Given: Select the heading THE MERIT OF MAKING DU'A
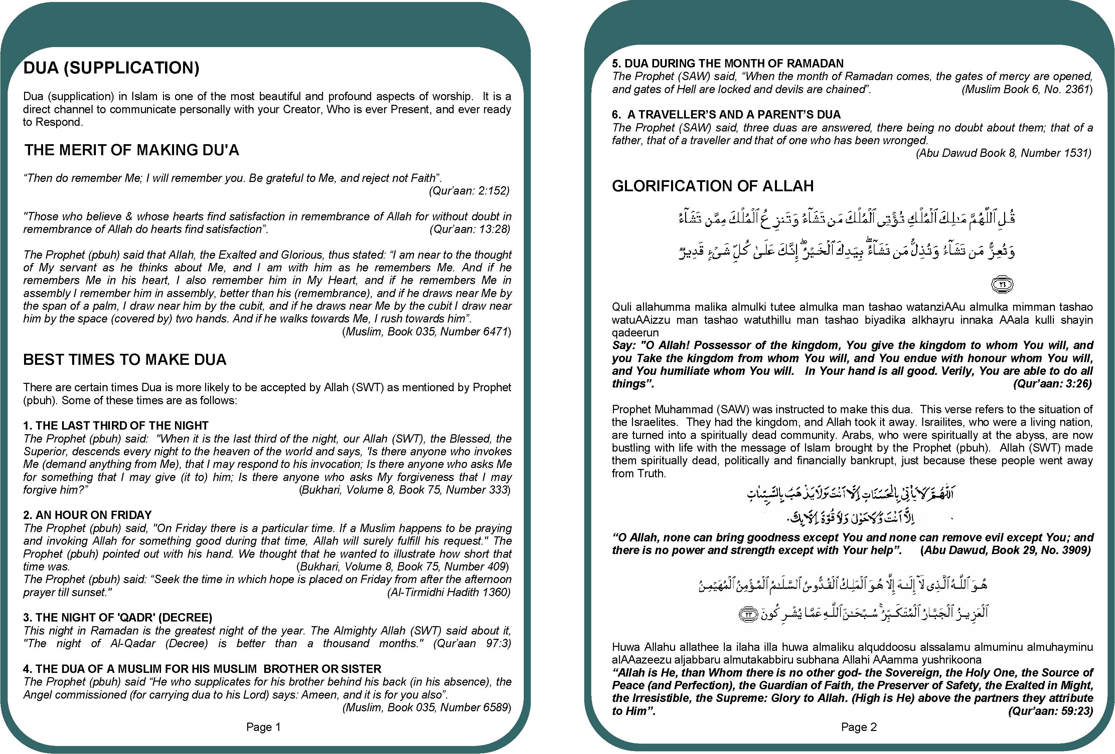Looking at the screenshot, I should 132,150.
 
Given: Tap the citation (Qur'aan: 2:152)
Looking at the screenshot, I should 469,191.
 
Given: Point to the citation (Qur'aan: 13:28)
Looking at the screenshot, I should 470,229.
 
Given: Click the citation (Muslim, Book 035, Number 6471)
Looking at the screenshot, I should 427,332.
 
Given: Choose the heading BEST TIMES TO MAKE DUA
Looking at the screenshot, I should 125,359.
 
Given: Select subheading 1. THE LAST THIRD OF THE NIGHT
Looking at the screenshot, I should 116,426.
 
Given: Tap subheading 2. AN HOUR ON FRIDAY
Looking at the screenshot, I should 87,515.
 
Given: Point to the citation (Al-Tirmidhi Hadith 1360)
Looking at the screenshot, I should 449,592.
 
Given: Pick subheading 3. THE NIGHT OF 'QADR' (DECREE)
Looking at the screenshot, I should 118,617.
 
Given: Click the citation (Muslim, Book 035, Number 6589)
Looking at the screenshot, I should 427,708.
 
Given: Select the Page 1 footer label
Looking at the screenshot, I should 264,727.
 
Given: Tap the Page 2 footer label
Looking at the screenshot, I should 859,727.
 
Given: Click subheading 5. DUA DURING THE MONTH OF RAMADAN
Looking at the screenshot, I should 727,64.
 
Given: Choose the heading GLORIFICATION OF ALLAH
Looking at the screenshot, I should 712,186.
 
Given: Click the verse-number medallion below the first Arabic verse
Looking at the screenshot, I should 1002,284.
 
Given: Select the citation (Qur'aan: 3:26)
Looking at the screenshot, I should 1052,384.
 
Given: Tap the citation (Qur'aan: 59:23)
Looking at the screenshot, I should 1050,711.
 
